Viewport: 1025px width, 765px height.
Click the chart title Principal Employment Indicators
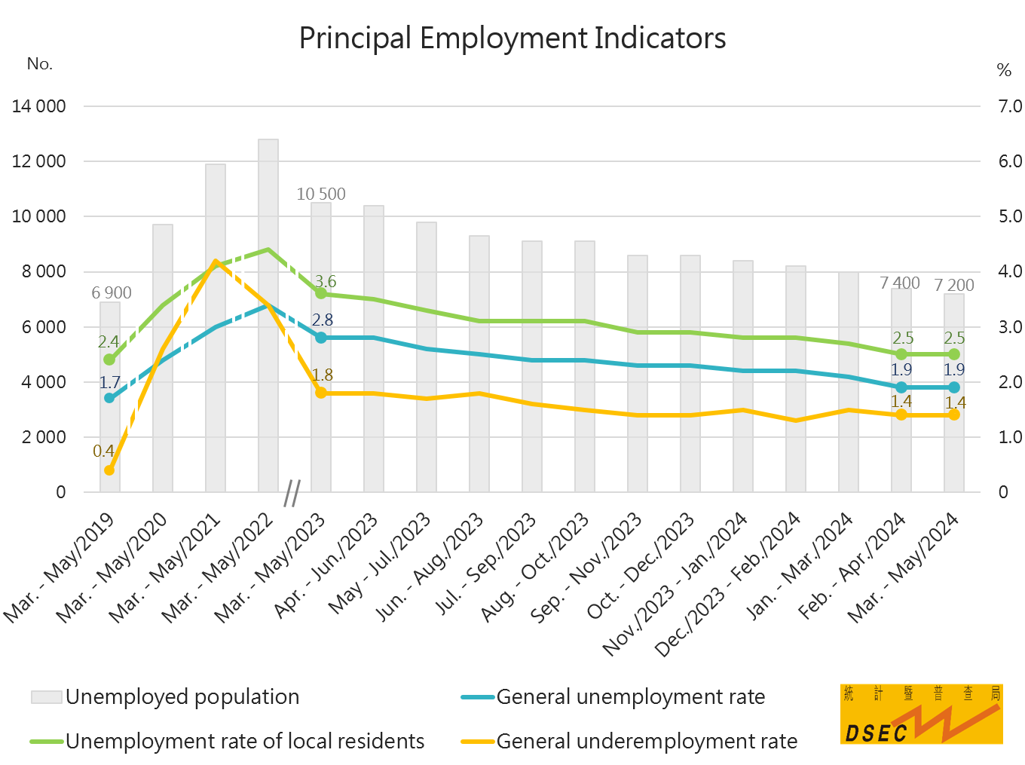tap(512, 38)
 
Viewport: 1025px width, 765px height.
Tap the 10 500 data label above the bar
tap(321, 194)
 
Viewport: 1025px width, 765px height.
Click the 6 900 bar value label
tap(112, 292)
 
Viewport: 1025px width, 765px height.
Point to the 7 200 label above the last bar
tap(954, 285)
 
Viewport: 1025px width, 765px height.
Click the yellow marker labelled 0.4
tap(109, 470)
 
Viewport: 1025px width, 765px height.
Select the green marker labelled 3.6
tap(321, 293)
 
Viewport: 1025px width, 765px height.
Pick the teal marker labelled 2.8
tap(321, 338)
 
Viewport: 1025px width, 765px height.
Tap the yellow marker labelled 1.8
tap(321, 393)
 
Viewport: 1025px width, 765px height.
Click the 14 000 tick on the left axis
tap(39, 106)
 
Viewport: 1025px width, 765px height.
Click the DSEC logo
tap(921, 714)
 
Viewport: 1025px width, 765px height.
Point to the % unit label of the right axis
tap(1004, 70)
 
